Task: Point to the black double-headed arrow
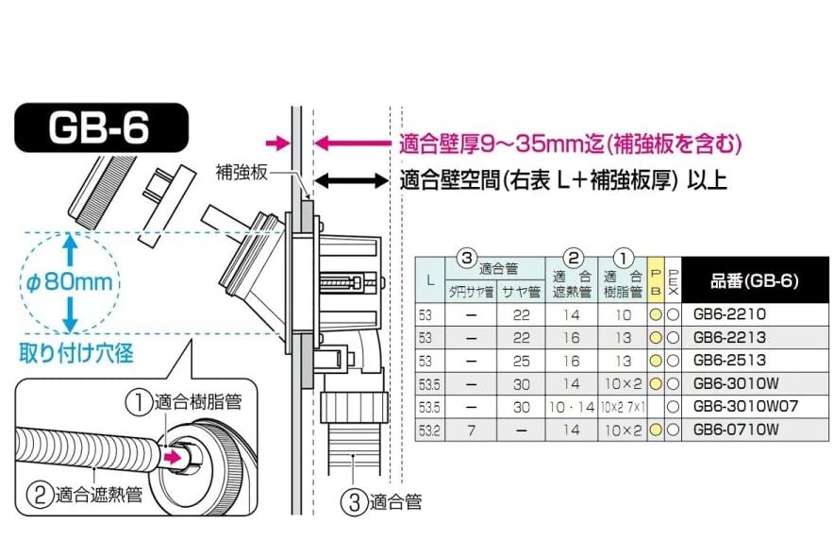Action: point(352,179)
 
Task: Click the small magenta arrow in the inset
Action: point(173,457)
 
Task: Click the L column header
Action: point(430,280)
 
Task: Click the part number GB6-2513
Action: point(729,361)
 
